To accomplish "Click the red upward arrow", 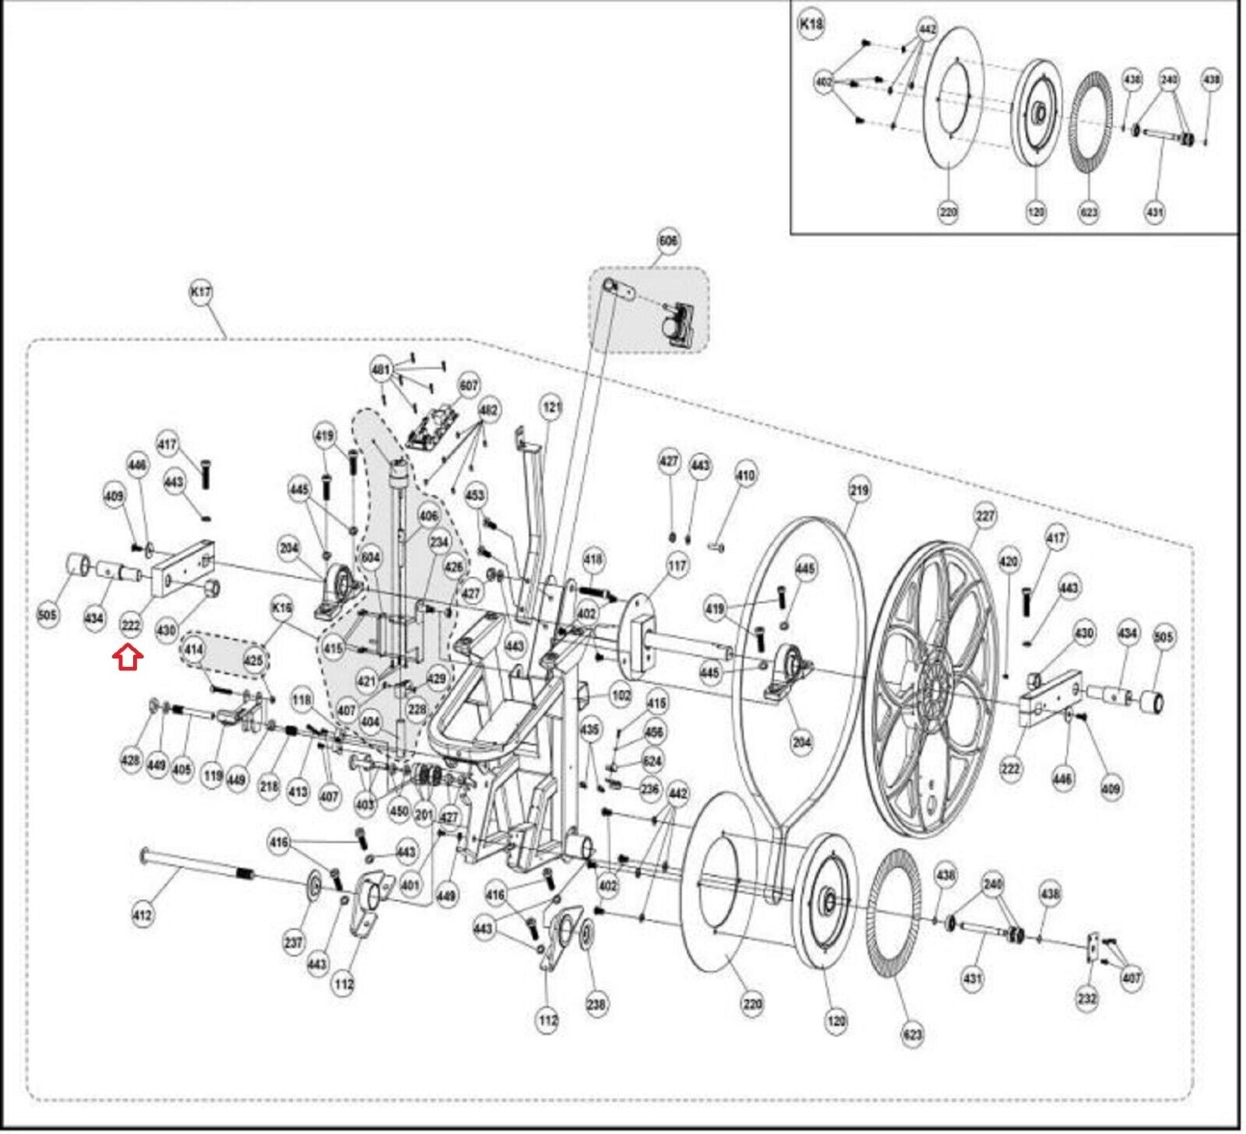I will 128,658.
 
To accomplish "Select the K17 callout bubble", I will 201,293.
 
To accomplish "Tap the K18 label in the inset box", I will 811,24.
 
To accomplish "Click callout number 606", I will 668,241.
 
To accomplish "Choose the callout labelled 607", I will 469,385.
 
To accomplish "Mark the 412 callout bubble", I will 143,915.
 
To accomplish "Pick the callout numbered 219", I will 859,490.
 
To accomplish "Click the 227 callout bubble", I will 985,515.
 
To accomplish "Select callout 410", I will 745,475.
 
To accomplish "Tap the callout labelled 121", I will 551,407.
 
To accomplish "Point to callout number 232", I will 1087,998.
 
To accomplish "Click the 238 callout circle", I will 596,1004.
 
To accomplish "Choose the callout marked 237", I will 294,943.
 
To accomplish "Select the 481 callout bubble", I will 381,370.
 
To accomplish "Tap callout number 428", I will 131,760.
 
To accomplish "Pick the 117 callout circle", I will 678,567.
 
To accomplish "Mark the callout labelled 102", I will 621,695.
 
